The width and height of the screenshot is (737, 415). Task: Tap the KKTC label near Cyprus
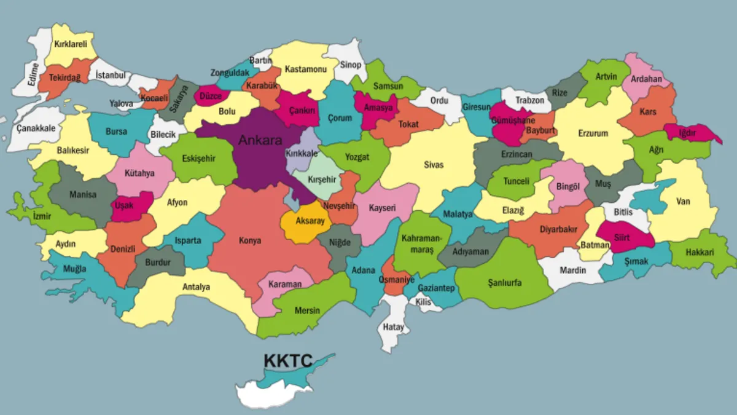(x=288, y=360)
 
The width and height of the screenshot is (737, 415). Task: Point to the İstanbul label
(x=111, y=76)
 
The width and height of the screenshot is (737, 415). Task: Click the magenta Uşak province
(x=125, y=205)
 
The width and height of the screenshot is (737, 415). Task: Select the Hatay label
(x=394, y=327)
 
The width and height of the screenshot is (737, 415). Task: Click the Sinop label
(x=351, y=65)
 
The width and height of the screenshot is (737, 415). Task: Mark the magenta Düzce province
(x=211, y=96)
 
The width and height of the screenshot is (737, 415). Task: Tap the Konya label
(x=250, y=240)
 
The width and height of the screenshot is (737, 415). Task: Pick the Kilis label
(x=423, y=302)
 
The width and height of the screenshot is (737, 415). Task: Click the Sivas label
(x=434, y=165)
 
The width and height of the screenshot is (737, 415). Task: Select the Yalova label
(x=121, y=104)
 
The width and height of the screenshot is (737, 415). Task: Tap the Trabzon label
(x=529, y=100)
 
